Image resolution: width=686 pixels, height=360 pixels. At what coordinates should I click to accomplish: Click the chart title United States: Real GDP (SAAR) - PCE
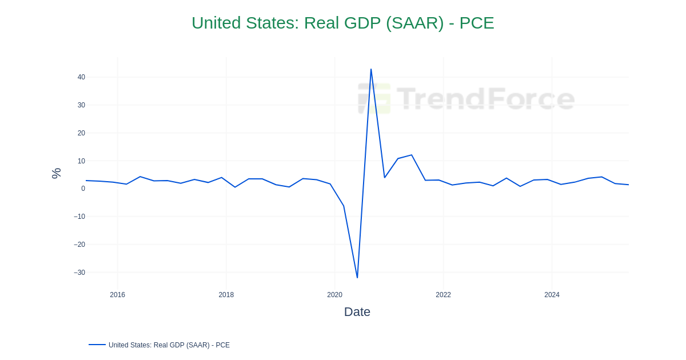(342, 23)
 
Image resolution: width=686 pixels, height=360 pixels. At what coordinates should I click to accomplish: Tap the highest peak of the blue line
(371, 70)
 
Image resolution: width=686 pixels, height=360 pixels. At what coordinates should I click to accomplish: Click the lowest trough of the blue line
(357, 278)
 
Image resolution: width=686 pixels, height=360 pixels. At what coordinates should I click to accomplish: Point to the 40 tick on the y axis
(81, 77)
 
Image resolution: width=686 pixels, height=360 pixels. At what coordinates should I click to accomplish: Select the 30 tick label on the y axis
(81, 105)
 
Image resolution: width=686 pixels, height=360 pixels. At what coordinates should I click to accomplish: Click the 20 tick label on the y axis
(81, 133)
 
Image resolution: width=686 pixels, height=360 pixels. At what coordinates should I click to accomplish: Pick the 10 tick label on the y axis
(81, 161)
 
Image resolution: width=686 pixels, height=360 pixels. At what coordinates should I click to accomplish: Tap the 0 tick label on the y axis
(83, 189)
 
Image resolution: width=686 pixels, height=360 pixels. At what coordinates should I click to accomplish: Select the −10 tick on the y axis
(79, 217)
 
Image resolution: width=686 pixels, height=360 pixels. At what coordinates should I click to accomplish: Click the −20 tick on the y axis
(79, 245)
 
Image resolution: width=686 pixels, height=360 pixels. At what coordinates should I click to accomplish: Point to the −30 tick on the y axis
(79, 273)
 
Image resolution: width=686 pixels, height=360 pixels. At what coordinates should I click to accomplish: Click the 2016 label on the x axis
(117, 295)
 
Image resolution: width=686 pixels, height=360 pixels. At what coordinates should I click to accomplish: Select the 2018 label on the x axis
(226, 295)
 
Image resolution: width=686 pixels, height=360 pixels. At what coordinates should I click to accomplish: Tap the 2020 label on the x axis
(334, 295)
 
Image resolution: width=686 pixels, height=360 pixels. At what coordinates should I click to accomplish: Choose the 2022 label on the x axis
(443, 295)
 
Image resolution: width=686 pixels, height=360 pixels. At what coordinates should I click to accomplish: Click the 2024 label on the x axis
(552, 295)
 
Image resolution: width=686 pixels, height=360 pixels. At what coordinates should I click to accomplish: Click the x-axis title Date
(357, 312)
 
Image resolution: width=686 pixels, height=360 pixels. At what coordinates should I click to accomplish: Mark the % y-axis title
(56, 173)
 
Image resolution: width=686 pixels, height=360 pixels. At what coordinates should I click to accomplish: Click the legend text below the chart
(169, 345)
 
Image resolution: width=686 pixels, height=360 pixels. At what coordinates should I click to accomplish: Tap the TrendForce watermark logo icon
(374, 98)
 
